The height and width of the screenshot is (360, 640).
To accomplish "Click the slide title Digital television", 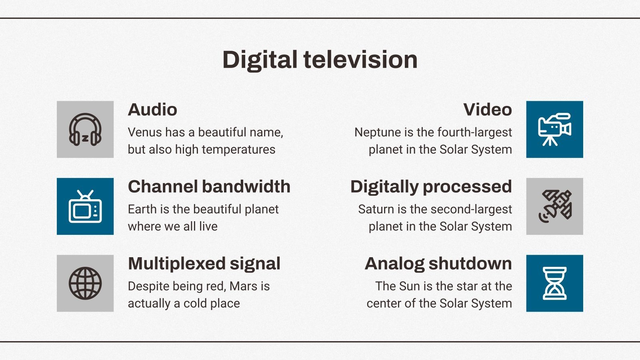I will click(x=320, y=60).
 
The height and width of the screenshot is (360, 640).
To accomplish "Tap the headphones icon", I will click(x=85, y=130).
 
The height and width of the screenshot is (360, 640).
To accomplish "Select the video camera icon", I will click(x=554, y=130).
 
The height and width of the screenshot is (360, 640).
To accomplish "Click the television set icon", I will click(x=85, y=206).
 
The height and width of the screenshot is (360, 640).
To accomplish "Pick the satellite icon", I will click(x=554, y=206).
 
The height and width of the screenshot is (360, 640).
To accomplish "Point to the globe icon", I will click(x=85, y=283).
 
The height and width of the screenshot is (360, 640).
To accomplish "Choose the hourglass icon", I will click(x=554, y=283).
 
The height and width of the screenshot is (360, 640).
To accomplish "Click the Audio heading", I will click(x=152, y=110).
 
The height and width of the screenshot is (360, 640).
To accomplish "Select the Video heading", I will click(x=488, y=110).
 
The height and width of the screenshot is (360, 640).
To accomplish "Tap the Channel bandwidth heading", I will click(x=209, y=187).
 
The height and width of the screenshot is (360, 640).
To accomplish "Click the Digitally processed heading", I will click(x=431, y=187).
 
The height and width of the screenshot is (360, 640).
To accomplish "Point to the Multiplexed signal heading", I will click(x=204, y=264).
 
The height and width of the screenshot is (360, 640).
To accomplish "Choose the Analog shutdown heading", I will click(x=438, y=264).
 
